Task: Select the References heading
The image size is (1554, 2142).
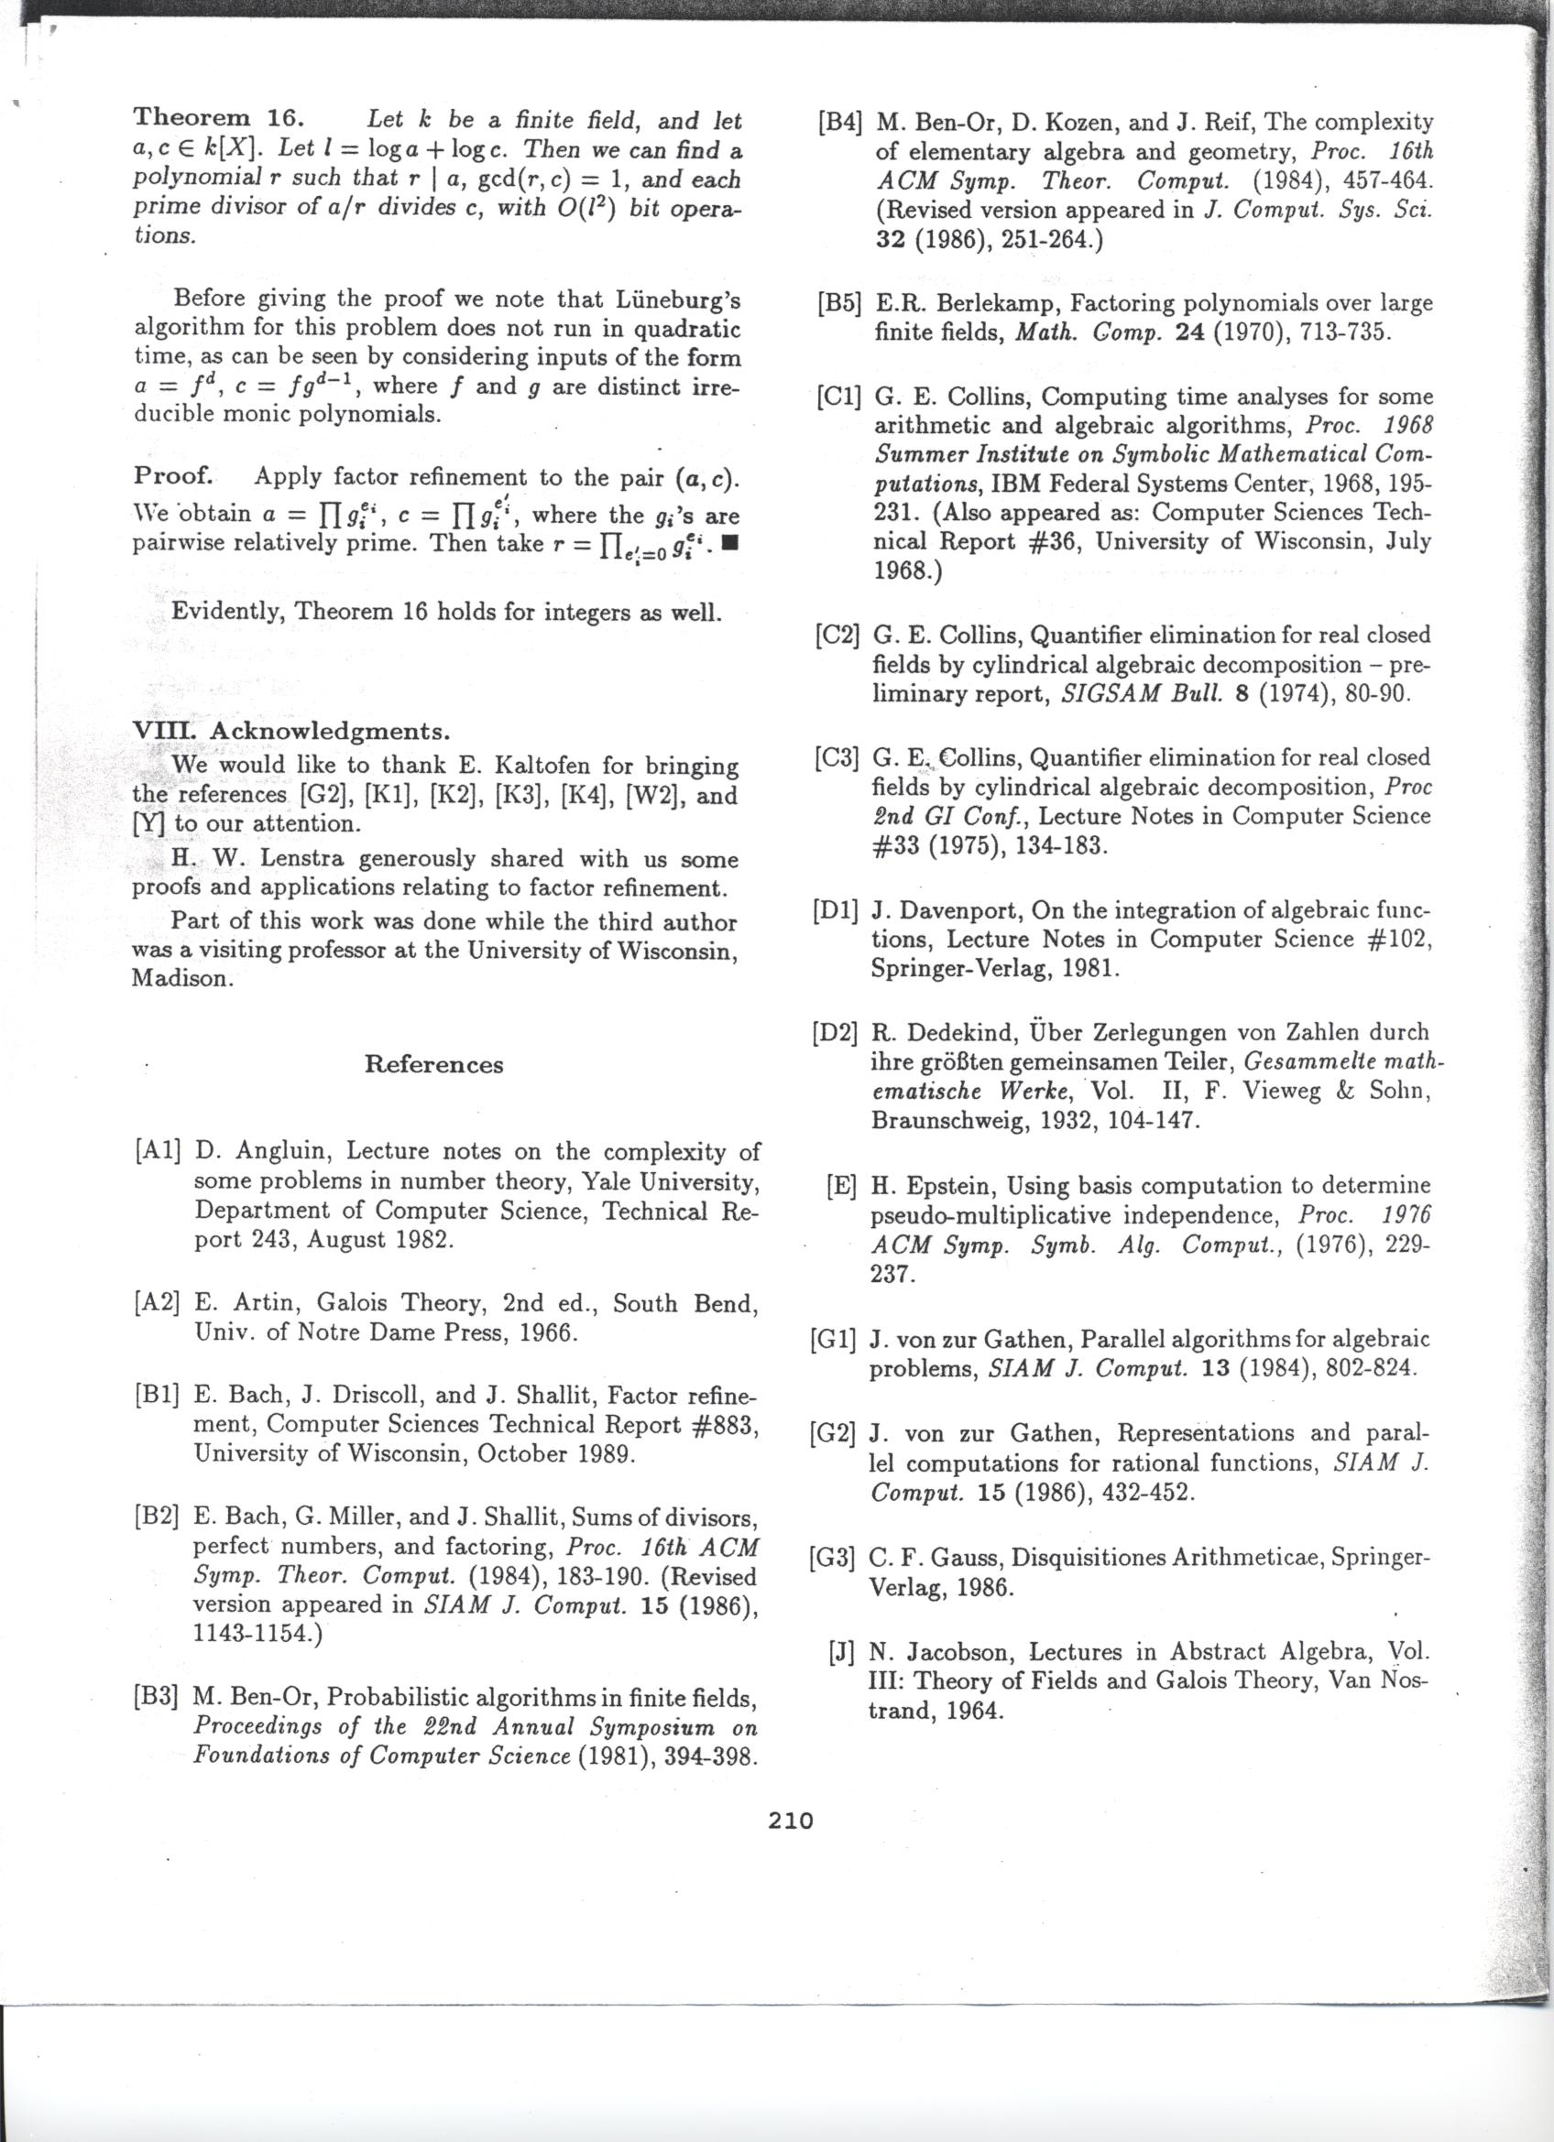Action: tap(433, 1064)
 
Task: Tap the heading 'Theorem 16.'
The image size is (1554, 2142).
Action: tap(217, 119)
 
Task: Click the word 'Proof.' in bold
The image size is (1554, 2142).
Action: tap(175, 474)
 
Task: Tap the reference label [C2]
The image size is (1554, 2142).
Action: tap(837, 635)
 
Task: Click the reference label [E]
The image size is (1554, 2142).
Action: tap(841, 1186)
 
